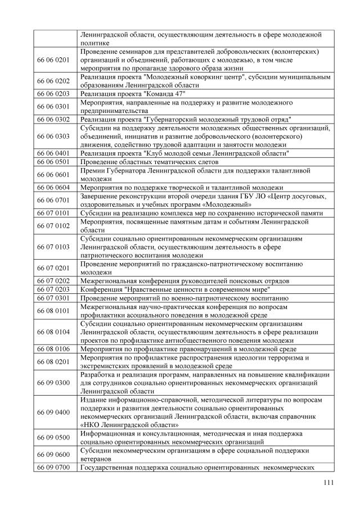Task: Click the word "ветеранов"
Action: [x=97, y=459]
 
